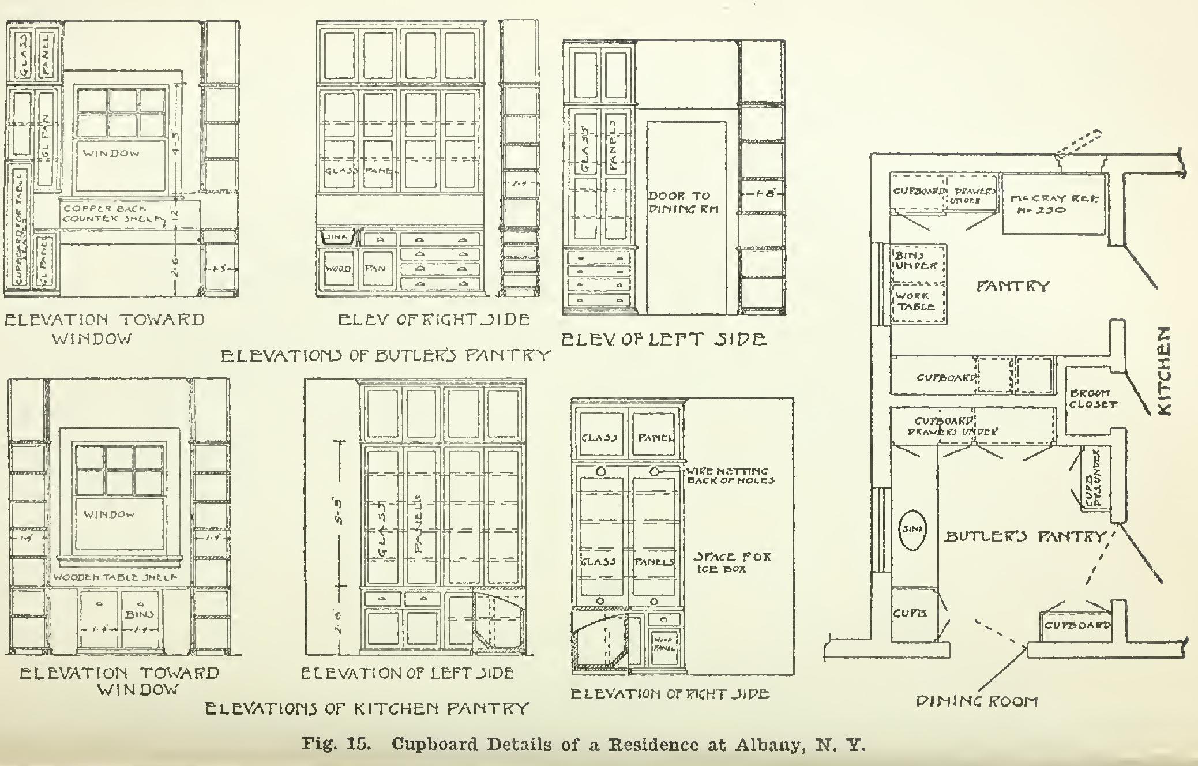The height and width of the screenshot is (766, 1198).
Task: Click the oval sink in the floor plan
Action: pyautogui.click(x=912, y=528)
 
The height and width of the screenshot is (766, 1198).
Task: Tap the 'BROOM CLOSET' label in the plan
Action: pyautogui.click(x=1092, y=399)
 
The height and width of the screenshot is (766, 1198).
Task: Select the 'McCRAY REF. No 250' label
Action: pyautogui.click(x=1054, y=204)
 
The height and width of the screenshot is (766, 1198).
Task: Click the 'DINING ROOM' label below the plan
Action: pyautogui.click(x=977, y=701)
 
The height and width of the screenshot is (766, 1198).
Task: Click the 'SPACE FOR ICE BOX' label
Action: pyautogui.click(x=731, y=562)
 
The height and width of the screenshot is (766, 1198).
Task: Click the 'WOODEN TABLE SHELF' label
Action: pyautogui.click(x=115, y=577)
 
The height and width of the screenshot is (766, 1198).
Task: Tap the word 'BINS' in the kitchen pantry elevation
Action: pyautogui.click(x=140, y=614)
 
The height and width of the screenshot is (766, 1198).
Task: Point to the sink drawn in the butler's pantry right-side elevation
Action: pyautogui.click(x=335, y=238)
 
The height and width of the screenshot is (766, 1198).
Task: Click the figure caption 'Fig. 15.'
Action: pyautogui.click(x=335, y=744)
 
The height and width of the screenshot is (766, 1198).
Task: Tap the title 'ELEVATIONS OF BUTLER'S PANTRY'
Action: pyautogui.click(x=386, y=355)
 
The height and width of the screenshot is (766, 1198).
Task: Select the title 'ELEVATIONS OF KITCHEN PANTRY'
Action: pyautogui.click(x=367, y=708)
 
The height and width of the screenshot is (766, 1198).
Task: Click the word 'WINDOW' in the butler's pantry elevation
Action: pyautogui.click(x=111, y=153)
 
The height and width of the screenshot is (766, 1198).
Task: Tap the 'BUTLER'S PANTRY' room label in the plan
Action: pyautogui.click(x=1024, y=536)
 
